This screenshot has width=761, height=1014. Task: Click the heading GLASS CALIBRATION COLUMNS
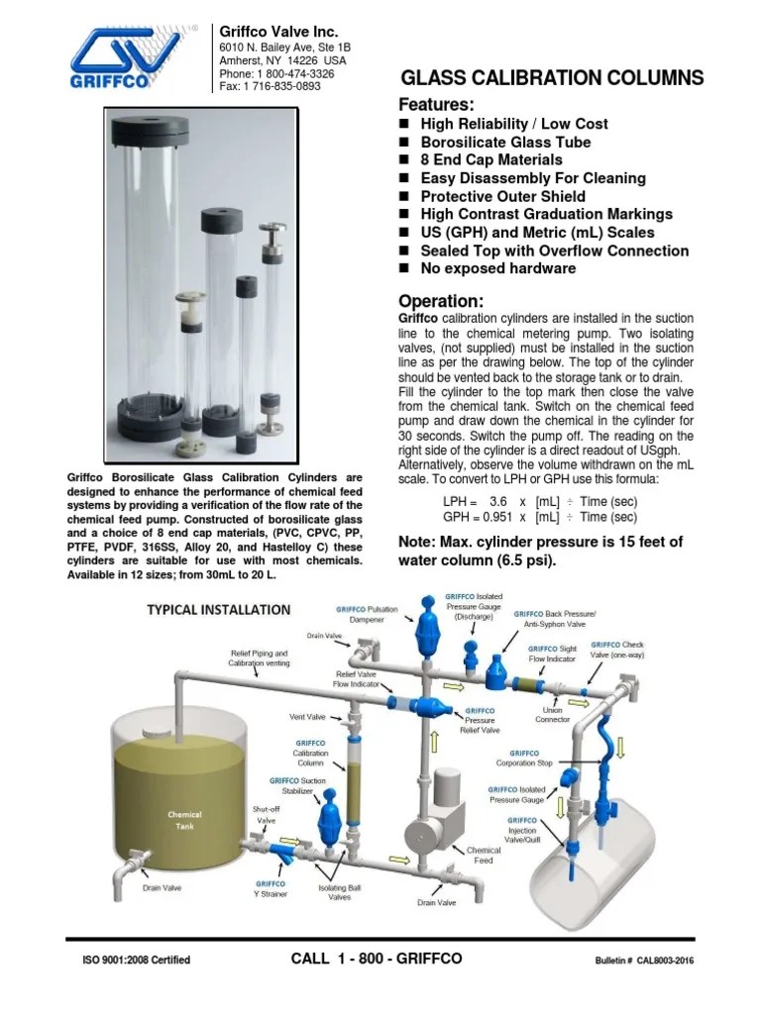551,78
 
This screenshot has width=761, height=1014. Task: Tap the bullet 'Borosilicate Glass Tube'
505,142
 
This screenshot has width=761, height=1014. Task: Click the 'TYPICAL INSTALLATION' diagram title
218,609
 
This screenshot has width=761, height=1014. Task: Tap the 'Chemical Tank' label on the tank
184,821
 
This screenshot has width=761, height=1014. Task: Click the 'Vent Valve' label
307,716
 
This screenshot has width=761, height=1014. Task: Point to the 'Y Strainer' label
271,889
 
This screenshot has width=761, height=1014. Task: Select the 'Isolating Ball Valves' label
340,893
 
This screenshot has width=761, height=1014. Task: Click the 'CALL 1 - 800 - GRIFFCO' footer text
377,959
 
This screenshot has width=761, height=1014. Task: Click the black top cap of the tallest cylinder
149,129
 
